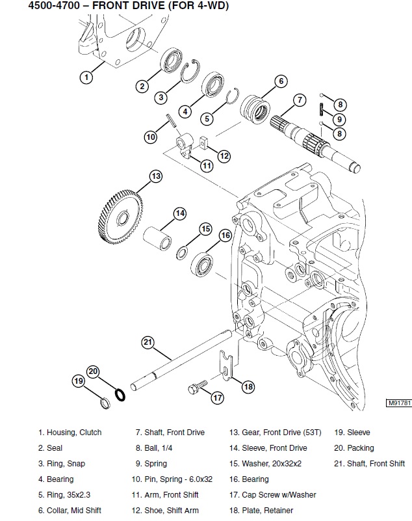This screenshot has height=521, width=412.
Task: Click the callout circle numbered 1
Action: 86,77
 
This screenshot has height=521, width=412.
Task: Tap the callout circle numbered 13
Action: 155,176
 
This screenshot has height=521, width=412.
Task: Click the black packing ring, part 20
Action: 120,394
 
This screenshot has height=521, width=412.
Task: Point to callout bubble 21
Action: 148,342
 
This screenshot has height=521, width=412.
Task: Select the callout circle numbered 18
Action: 248,386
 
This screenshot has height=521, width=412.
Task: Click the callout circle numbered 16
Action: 225,235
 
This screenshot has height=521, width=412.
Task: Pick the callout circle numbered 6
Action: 280,81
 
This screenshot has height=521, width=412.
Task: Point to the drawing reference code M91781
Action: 398,403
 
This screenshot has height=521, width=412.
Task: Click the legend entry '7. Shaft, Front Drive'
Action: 170,432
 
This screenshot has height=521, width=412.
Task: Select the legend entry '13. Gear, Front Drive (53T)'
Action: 273,432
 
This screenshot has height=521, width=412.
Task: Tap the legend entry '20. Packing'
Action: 354,448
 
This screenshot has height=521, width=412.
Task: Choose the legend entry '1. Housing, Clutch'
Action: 70,432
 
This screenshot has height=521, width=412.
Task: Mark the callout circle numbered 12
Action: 224,155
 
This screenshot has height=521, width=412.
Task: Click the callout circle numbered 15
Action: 205,228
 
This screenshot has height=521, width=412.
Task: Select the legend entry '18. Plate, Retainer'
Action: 261,511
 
